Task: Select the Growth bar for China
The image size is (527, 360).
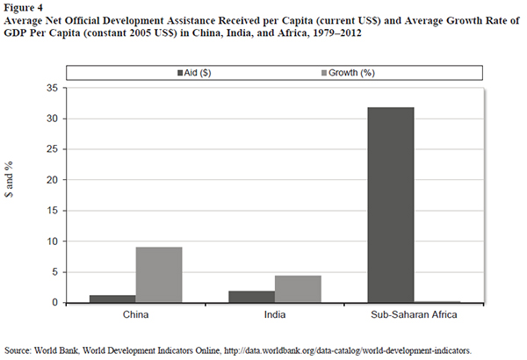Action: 159,275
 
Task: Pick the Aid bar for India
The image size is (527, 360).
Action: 251,297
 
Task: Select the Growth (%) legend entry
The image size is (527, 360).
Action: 308,72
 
